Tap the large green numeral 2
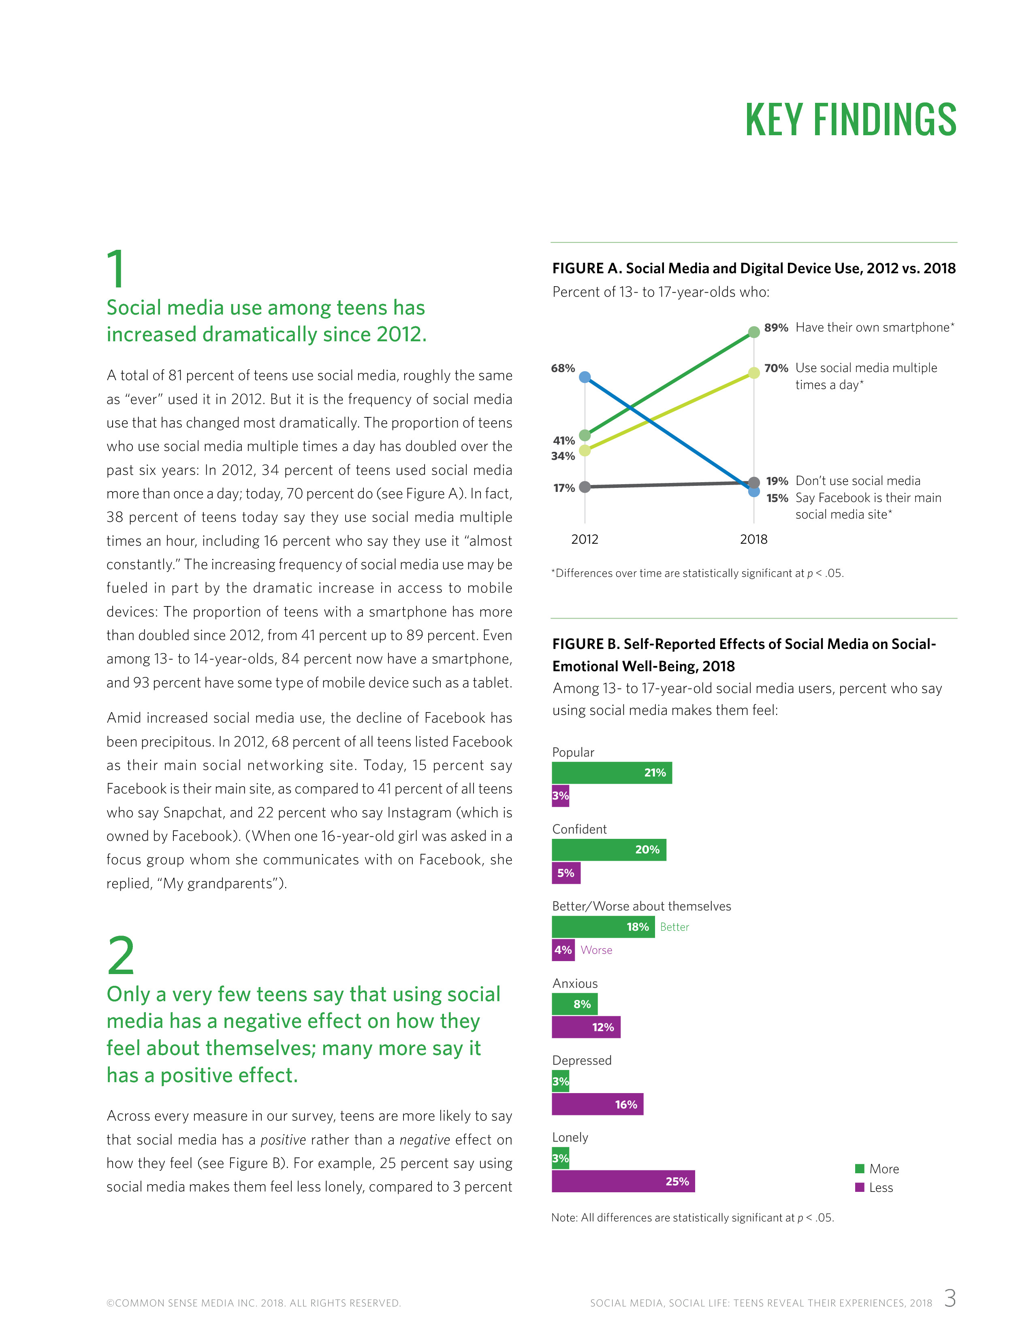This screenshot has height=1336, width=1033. coord(121,955)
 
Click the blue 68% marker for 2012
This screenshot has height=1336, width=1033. coord(585,377)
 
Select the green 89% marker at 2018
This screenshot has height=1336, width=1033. coord(754,332)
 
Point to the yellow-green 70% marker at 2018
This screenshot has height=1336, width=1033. coord(754,372)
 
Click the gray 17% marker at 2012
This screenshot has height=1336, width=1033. coord(585,487)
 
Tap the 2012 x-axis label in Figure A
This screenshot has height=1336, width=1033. coord(585,539)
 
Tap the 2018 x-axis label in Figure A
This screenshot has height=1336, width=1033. coord(753,539)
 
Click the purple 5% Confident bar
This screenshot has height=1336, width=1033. coord(566,873)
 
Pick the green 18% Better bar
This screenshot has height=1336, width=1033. coord(603,927)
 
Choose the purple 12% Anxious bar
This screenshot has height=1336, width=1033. coord(586,1027)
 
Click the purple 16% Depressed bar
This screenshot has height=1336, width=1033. coord(597,1104)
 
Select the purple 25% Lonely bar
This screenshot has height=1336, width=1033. coord(623,1181)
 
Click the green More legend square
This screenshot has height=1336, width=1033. coord(859,1168)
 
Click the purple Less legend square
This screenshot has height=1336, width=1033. coord(859,1187)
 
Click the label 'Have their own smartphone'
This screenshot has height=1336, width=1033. coord(874,327)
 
